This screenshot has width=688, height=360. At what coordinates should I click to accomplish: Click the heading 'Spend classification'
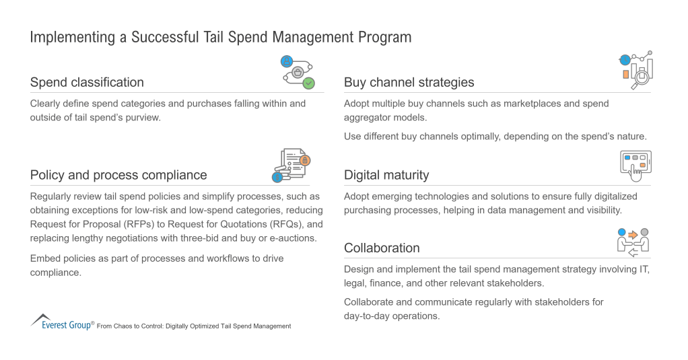(x=87, y=83)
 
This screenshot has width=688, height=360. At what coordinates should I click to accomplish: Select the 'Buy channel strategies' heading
(x=409, y=83)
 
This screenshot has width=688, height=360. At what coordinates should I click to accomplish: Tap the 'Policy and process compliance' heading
(x=118, y=175)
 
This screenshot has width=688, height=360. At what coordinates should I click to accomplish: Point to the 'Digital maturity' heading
(x=386, y=175)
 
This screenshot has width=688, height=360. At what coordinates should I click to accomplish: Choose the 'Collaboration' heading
(x=382, y=248)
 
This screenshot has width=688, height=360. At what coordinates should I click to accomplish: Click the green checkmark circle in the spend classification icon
(x=309, y=83)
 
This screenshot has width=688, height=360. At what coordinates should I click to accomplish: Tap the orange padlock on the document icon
(x=305, y=160)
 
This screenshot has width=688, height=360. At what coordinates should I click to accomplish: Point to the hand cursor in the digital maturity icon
(x=635, y=173)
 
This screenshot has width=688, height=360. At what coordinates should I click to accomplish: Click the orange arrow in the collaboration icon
(x=633, y=235)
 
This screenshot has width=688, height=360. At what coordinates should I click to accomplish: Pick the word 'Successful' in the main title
(x=165, y=37)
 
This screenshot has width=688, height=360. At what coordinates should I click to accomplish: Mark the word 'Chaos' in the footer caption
(x=123, y=326)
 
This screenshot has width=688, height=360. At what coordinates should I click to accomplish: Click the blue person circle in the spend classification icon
(x=287, y=61)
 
